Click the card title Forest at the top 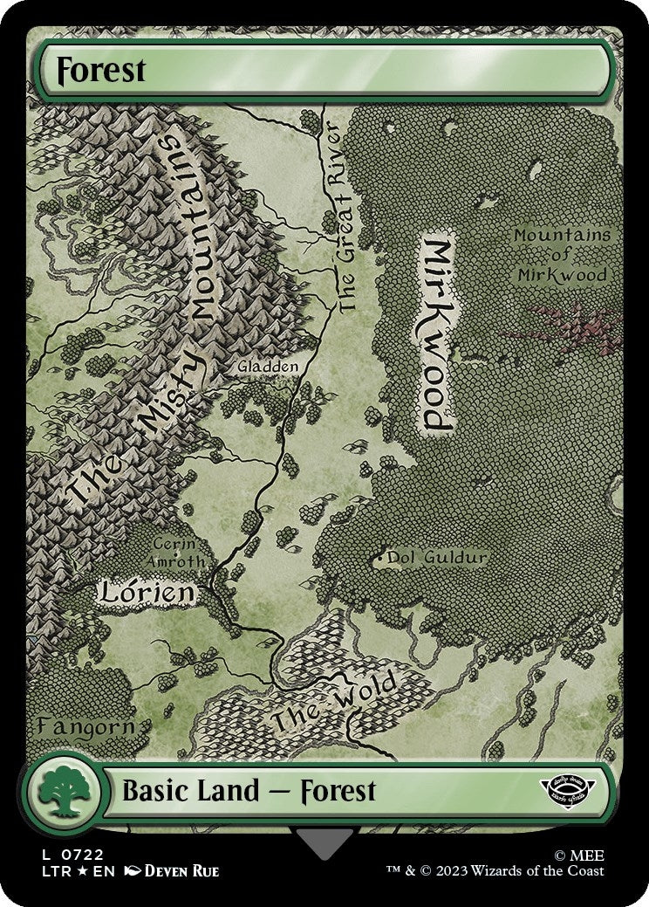pyautogui.click(x=101, y=70)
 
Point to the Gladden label pyautogui.click(x=268, y=368)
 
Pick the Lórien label pyautogui.click(x=146, y=593)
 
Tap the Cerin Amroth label pyautogui.click(x=179, y=552)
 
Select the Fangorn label pyautogui.click(x=85, y=726)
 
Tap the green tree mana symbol pyautogui.click(x=61, y=793)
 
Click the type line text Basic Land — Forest pyautogui.click(x=249, y=792)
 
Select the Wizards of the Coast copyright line pyautogui.click(x=495, y=871)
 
